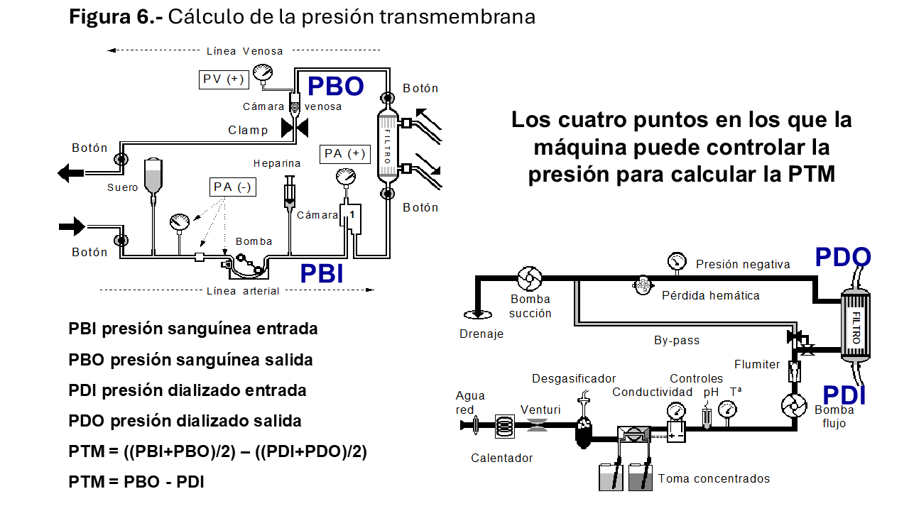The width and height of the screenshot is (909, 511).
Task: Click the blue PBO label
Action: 335,86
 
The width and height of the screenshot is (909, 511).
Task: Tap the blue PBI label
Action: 321,273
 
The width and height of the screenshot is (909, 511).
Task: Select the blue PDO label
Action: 842,258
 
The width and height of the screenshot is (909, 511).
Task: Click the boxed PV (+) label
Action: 223,79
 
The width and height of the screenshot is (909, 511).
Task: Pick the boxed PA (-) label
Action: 234,187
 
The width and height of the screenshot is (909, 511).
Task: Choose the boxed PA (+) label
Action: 345,153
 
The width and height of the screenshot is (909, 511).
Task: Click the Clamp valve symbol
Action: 293,128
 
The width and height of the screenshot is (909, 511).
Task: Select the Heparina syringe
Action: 290,192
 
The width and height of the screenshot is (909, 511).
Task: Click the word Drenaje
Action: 481,334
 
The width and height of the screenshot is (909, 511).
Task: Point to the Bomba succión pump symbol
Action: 530,279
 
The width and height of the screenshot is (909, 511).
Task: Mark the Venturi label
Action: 540,410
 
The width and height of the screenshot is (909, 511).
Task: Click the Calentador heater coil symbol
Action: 504,425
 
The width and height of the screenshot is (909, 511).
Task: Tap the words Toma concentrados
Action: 714,478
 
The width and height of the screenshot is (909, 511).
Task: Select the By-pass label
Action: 676,341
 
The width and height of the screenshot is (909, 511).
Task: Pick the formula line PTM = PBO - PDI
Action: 136,482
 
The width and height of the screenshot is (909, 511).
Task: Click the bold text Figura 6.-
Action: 116,16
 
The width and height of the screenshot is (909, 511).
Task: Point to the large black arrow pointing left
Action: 71,172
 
